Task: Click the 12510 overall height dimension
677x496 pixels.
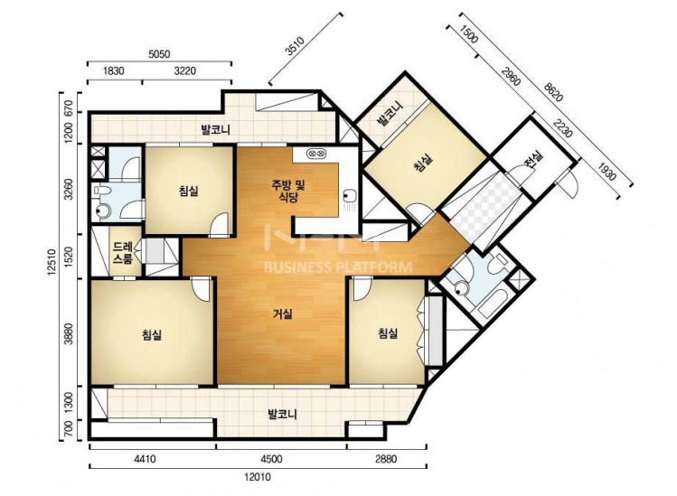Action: point(52,262)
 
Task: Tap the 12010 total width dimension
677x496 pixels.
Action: point(258,477)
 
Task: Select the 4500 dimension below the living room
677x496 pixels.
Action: point(272,458)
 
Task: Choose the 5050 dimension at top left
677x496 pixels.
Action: point(159,54)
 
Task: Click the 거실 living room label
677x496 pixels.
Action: point(283,314)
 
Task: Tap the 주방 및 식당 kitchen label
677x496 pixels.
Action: point(288,192)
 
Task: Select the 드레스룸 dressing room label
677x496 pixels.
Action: point(123,253)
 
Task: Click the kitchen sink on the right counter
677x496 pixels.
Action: point(349,196)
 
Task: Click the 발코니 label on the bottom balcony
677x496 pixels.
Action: point(282,416)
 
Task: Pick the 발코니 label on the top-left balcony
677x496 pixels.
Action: point(215,129)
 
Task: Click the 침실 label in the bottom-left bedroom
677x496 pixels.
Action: point(152,334)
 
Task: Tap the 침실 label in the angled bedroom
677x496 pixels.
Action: point(422,164)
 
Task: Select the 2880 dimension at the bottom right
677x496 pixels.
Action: point(386,458)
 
